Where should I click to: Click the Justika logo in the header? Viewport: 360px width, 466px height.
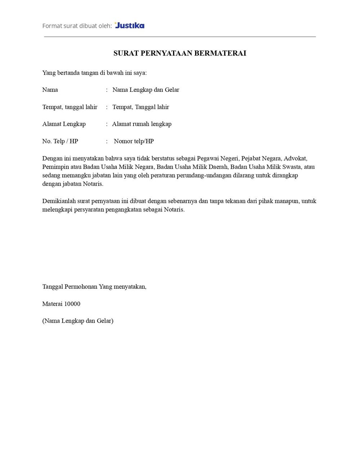[130, 26]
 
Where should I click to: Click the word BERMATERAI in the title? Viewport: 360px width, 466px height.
[220, 53]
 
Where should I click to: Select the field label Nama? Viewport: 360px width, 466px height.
[50, 90]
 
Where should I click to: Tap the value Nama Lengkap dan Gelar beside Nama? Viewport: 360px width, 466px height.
[145, 90]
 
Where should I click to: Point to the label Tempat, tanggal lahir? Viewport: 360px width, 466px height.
[70, 107]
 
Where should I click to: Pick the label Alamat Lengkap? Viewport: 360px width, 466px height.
[64, 124]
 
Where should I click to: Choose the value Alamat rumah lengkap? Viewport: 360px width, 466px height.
[141, 124]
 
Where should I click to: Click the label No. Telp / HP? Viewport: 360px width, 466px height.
[60, 141]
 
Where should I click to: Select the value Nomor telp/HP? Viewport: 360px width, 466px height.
[134, 141]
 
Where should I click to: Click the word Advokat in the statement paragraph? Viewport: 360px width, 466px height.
[295, 158]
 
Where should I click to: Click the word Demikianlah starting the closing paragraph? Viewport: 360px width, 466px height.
[59, 201]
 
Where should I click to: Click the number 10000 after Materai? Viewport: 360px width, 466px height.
[72, 304]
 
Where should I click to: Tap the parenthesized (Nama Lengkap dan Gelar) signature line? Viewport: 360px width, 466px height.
[78, 321]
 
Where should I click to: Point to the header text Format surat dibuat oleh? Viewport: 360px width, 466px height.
[77, 26]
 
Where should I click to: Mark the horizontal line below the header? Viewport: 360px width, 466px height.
[180, 37]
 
